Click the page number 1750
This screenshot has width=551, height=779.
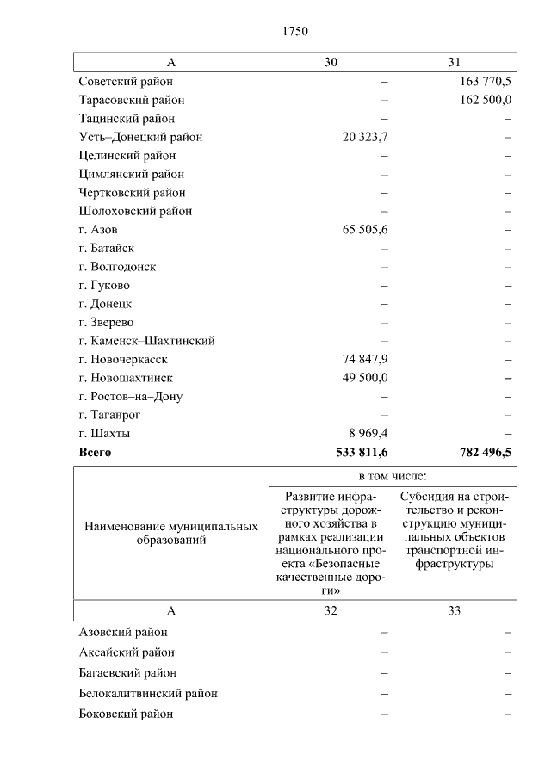click(x=294, y=31)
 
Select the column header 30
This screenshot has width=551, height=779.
click(x=331, y=62)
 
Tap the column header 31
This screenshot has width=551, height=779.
click(x=455, y=62)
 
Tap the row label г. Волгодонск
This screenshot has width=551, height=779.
click(x=117, y=267)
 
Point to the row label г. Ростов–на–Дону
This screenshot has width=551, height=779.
click(x=130, y=397)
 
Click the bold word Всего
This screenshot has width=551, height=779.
click(x=95, y=452)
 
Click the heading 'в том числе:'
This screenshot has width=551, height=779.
click(x=393, y=476)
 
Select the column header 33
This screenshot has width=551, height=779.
click(x=455, y=610)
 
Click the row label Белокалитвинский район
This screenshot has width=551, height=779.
click(x=147, y=693)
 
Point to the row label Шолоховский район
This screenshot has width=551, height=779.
click(x=135, y=211)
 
